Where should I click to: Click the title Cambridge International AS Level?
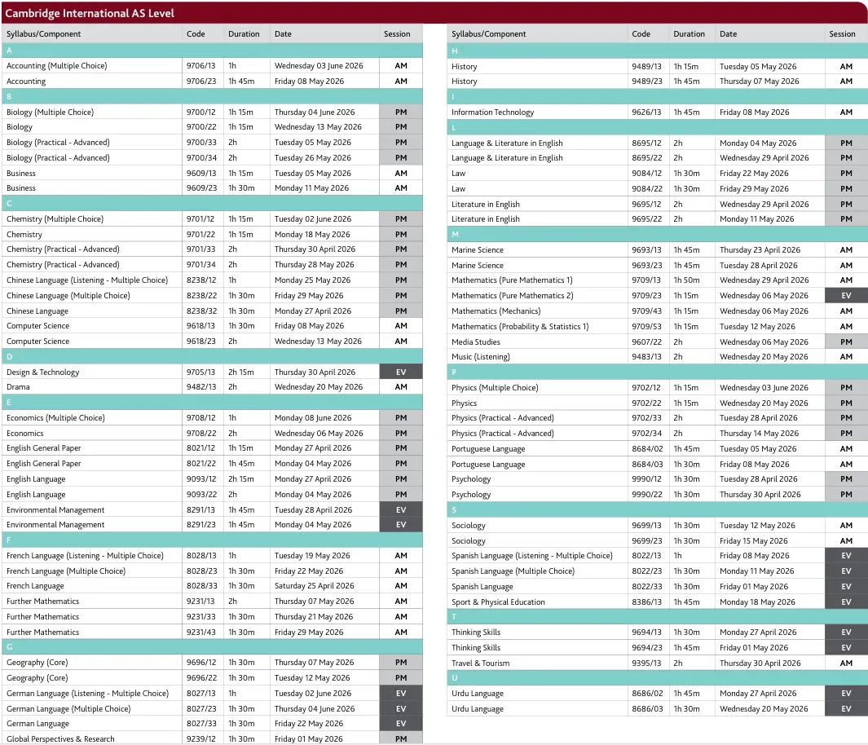pos(90,13)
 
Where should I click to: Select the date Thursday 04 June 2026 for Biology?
pos(314,112)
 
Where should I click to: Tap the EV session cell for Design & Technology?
pos(400,372)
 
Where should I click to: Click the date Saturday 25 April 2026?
pos(314,586)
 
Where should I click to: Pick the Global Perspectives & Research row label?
pos(60,738)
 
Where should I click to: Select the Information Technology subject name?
pos(492,112)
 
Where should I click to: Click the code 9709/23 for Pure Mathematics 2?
pos(646,296)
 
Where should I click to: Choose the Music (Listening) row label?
pos(481,357)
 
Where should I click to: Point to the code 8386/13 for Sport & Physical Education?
pos(646,602)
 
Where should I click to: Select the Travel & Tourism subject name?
pos(480,663)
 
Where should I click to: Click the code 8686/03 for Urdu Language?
pos(646,709)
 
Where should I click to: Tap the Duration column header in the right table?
pos(689,34)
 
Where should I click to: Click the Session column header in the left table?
pos(397,34)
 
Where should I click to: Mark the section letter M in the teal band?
pos(455,235)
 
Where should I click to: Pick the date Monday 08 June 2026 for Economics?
pos(313,418)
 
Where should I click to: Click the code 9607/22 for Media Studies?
pos(646,342)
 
